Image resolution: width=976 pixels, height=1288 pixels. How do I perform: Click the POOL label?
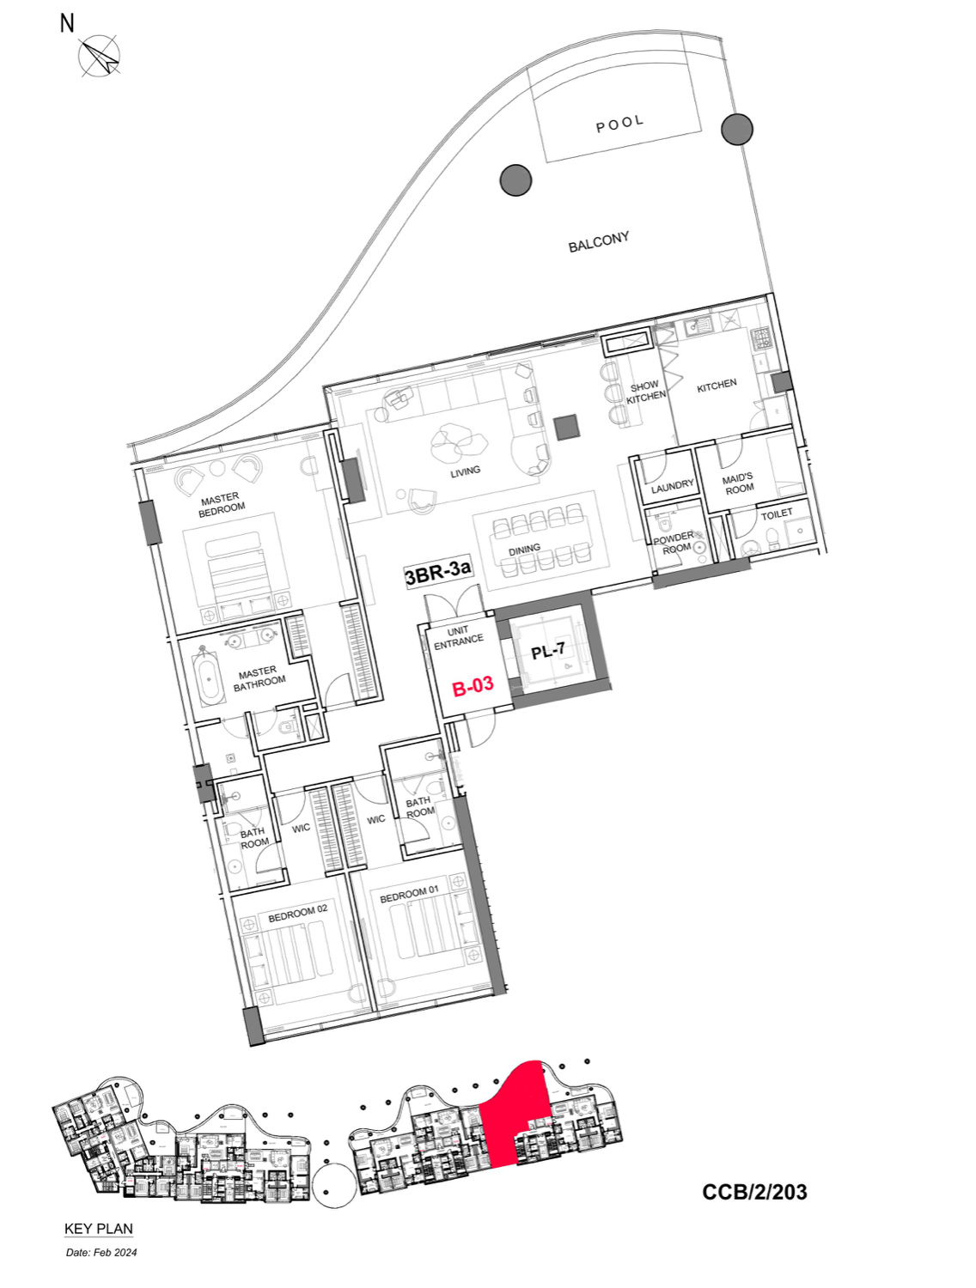tap(619, 124)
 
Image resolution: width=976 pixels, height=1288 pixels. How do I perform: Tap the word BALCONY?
tap(599, 242)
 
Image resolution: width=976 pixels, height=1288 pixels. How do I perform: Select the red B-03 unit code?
tap(473, 685)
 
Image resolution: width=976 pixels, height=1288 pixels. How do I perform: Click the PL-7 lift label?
tap(547, 651)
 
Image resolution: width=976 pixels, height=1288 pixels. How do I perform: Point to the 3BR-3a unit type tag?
tap(438, 573)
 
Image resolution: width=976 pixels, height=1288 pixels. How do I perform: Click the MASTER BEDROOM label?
tap(222, 505)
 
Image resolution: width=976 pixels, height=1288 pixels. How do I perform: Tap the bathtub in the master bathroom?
tap(210, 682)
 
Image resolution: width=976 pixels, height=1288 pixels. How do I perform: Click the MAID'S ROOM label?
tap(738, 483)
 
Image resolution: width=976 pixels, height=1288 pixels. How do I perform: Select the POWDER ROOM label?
tap(674, 543)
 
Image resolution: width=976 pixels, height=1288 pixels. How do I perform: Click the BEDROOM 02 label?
tap(297, 913)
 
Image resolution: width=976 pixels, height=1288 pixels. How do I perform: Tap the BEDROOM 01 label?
tap(409, 894)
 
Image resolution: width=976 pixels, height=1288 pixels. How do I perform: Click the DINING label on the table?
tap(524, 550)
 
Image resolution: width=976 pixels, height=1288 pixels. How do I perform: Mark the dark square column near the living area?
tap(566, 427)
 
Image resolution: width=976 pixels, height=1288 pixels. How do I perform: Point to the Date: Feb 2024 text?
tap(101, 1252)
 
